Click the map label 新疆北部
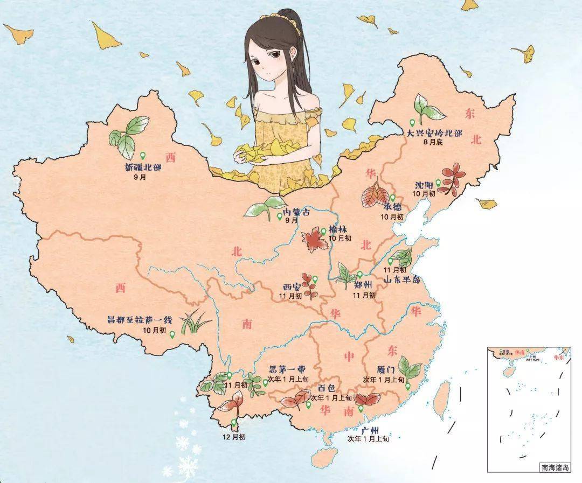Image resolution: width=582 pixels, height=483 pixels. [143, 167]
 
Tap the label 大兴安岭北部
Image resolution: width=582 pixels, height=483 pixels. [435, 132]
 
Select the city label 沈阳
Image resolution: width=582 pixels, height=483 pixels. [425, 184]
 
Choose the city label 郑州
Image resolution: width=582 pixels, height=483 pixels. [365, 285]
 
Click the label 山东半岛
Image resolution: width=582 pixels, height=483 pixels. [403, 279]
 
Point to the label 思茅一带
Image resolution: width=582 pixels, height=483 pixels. [287, 370]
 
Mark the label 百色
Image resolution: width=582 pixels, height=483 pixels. [326, 387]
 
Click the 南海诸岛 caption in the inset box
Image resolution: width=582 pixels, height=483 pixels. [554, 467]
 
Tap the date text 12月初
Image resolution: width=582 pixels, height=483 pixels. [234, 437]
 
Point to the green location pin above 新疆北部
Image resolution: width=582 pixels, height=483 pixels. [143, 156]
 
